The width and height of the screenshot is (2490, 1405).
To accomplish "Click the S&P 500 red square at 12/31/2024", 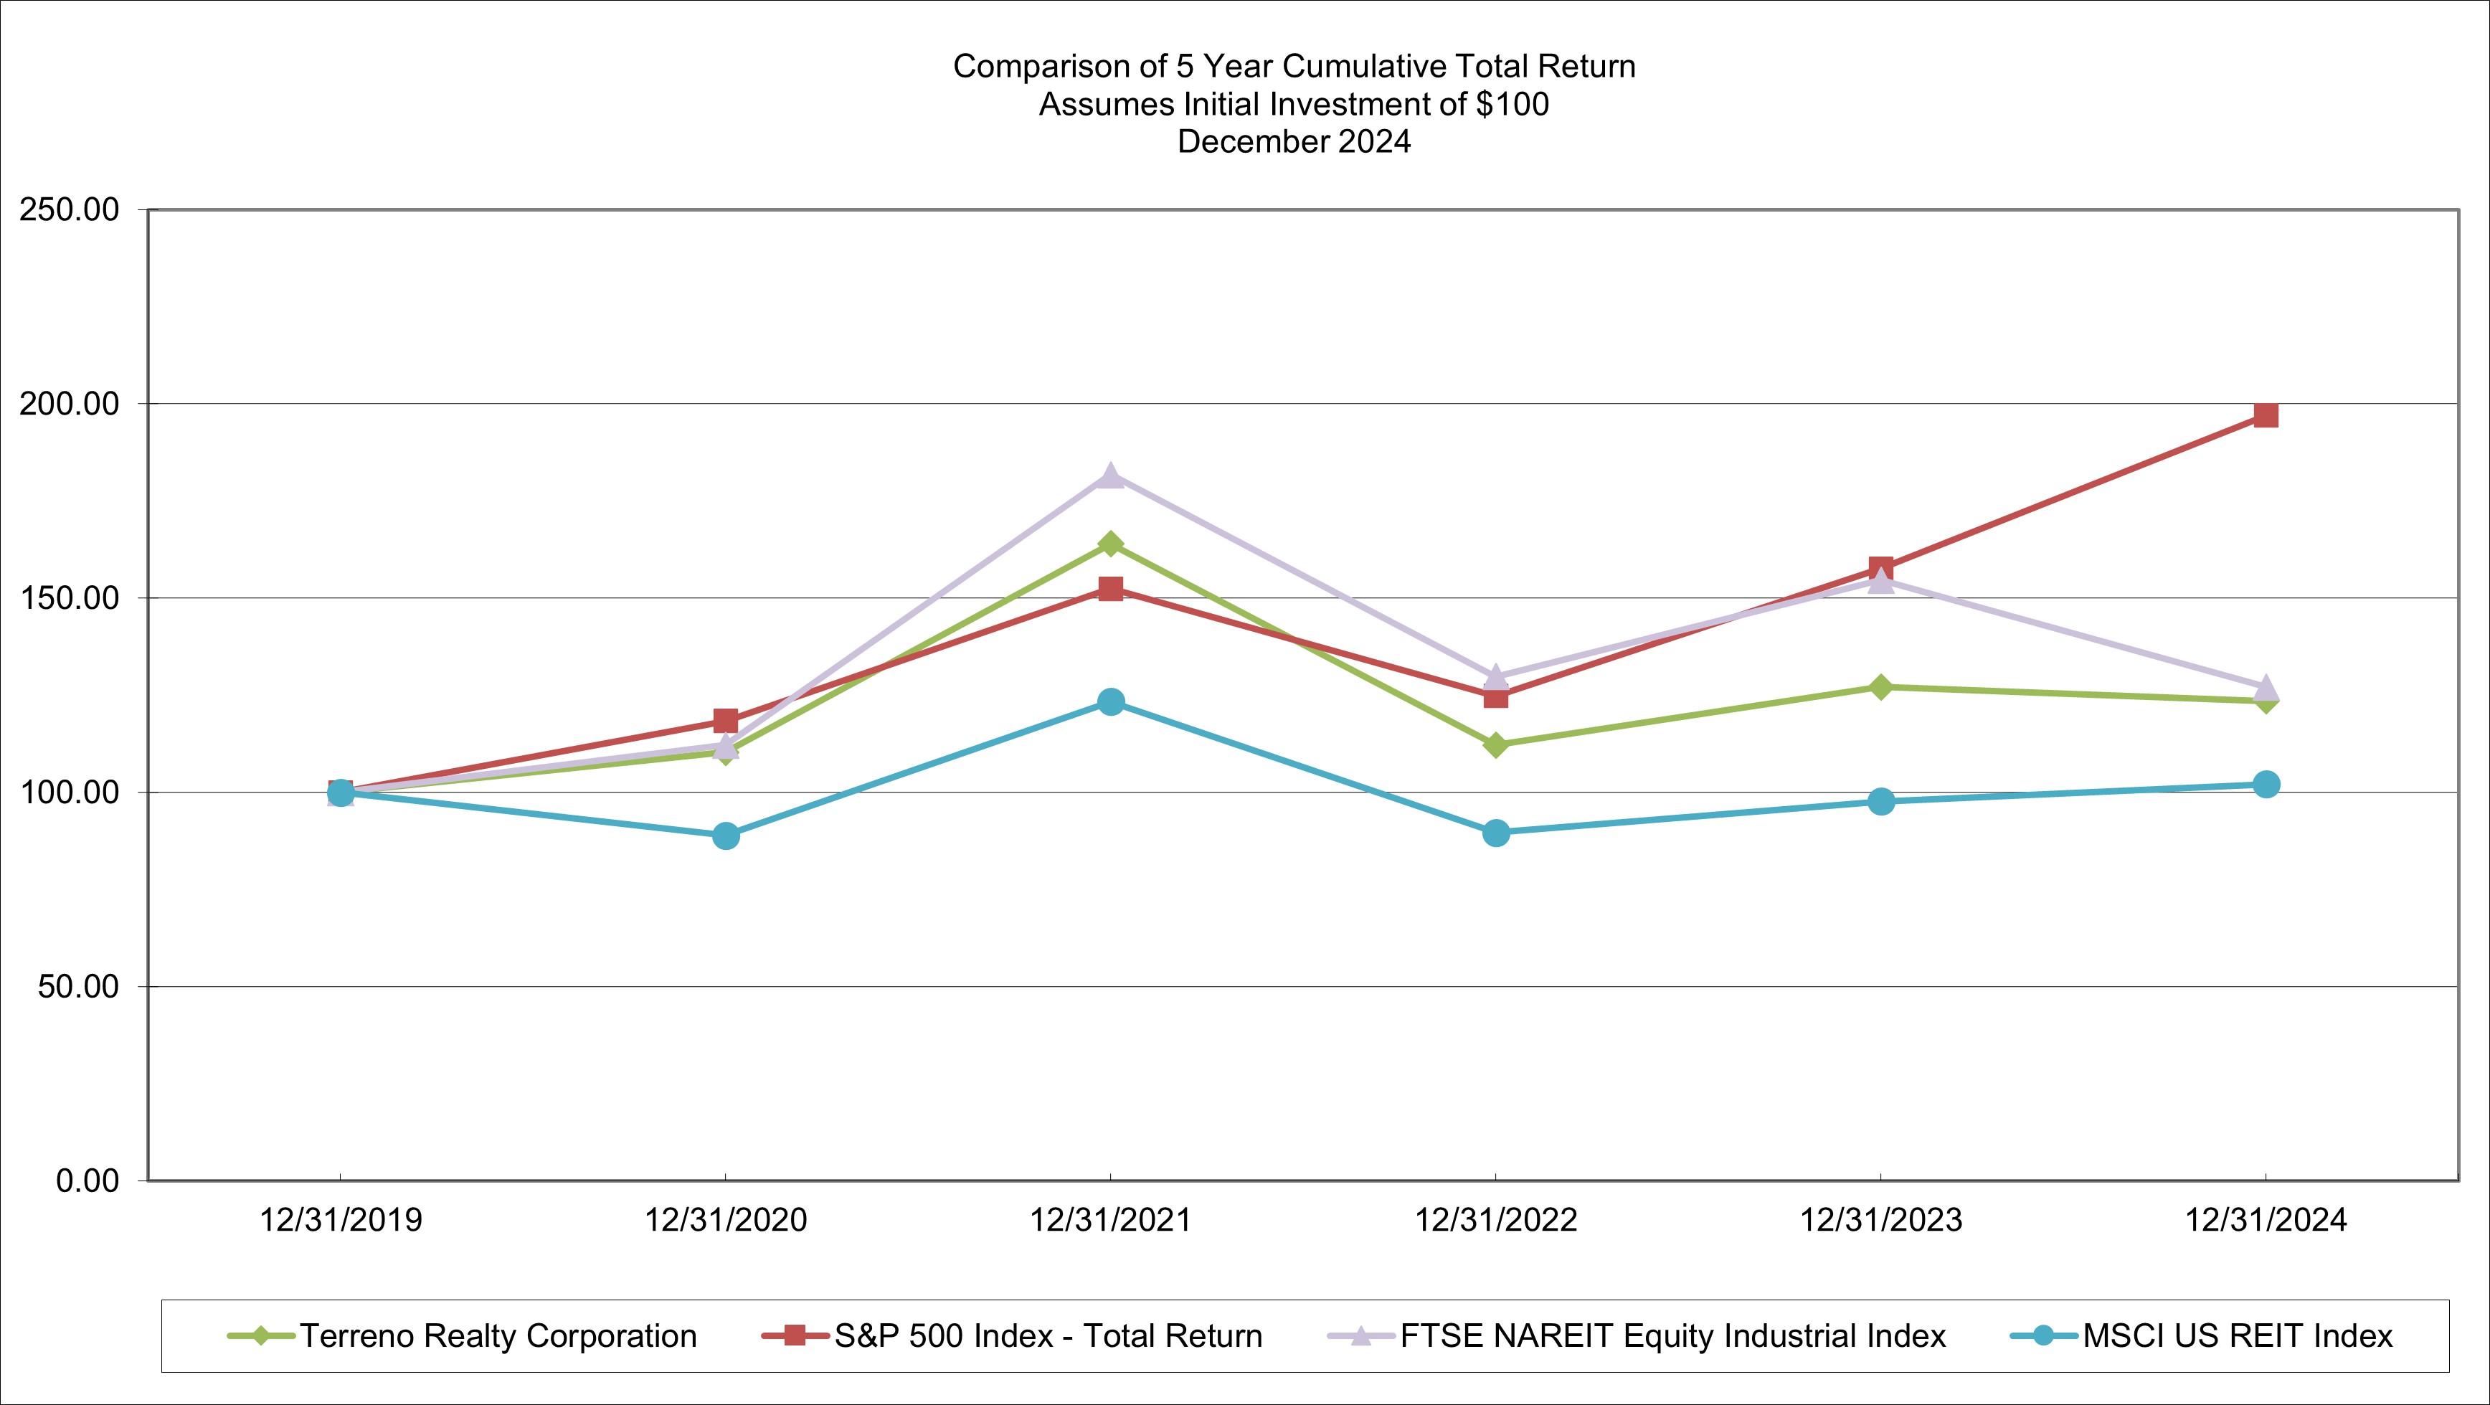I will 2266,416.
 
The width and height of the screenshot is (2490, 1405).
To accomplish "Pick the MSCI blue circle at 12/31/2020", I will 726,836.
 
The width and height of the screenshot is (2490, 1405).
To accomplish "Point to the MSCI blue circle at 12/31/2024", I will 2266,784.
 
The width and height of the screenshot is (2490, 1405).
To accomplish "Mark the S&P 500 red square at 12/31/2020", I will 726,720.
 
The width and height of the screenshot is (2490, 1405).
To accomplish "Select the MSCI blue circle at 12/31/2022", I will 1495,833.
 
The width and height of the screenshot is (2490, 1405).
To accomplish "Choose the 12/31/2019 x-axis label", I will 340,1220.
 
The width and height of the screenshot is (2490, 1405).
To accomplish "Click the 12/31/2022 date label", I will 1495,1220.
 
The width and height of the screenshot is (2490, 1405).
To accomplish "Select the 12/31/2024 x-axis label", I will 2266,1220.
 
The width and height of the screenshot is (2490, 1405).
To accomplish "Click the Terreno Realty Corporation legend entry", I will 498,1336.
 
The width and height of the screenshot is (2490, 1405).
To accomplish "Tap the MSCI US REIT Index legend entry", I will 2237,1336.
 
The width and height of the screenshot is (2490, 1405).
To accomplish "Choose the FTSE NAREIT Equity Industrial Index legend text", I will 1673,1336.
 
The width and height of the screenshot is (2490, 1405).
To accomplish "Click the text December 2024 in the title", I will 1293,142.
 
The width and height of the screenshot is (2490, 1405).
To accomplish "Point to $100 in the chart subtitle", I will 1512,105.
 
